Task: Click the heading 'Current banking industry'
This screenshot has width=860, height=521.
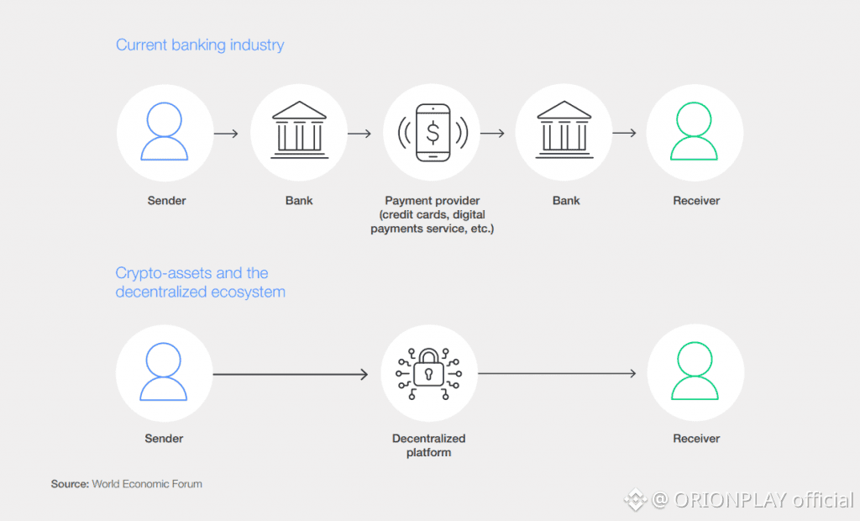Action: coord(200,45)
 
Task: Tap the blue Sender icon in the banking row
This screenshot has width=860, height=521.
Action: coord(165,132)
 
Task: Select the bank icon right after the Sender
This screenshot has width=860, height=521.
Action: coord(299,132)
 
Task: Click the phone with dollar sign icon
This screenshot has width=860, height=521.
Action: coord(433,132)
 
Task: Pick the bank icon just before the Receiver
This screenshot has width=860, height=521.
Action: coord(565,132)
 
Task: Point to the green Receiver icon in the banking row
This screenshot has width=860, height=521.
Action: coord(695,132)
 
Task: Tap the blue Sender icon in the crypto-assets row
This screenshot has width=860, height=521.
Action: coord(165,372)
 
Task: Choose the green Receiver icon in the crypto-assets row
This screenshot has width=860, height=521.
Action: coord(695,372)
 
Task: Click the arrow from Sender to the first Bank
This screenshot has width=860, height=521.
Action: coord(226,133)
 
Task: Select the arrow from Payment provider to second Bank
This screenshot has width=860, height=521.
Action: coord(492,133)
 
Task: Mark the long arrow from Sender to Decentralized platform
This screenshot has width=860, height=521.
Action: coord(291,374)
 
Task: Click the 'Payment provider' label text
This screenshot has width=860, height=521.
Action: coord(433,201)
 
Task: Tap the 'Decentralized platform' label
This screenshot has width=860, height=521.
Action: coord(428,445)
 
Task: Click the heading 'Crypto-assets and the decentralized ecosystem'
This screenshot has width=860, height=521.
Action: coord(200,282)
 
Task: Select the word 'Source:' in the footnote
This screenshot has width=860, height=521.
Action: coord(70,484)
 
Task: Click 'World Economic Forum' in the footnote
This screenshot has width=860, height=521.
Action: coord(147,484)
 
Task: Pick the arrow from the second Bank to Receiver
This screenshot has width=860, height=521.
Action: coord(624,133)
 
